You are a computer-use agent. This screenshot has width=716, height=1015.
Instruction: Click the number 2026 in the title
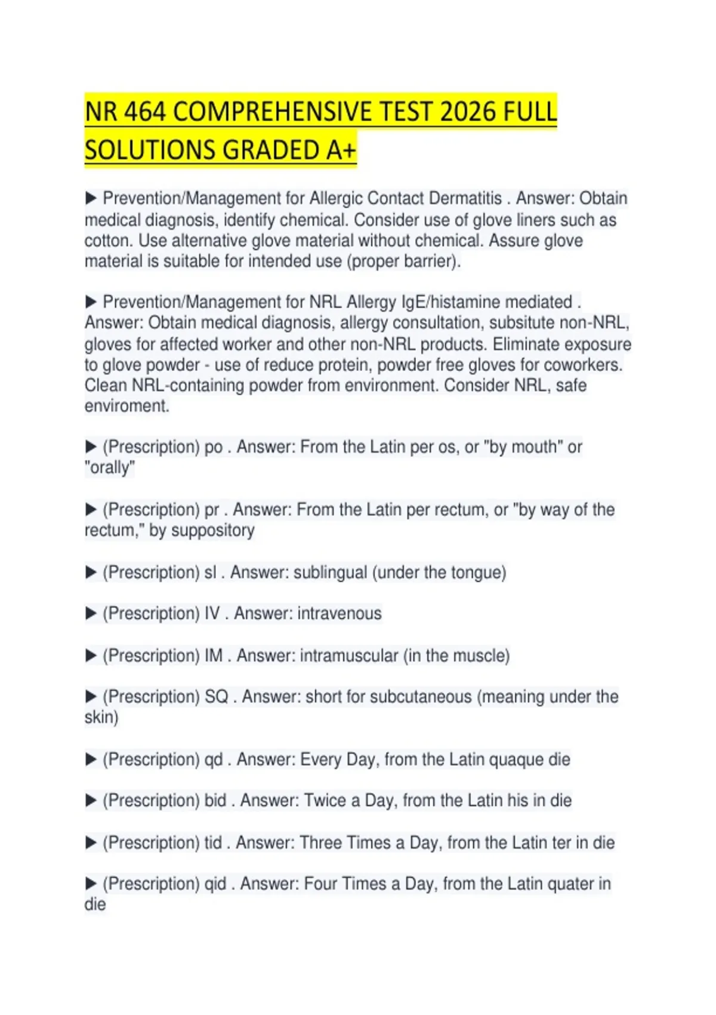(x=468, y=112)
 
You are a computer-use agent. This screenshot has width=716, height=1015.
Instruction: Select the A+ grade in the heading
(x=341, y=150)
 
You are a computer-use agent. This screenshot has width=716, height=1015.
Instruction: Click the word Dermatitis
(x=465, y=198)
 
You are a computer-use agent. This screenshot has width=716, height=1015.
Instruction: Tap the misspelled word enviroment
(x=127, y=406)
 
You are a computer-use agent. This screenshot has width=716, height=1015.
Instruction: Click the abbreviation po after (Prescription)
(x=214, y=447)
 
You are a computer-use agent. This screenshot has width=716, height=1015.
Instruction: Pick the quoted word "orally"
(x=110, y=467)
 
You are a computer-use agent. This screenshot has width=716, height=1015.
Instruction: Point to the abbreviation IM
(x=214, y=656)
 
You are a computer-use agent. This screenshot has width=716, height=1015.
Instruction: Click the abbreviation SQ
(x=217, y=697)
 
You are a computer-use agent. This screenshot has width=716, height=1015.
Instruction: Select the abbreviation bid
(x=215, y=801)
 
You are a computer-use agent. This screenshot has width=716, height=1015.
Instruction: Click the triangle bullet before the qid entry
(x=91, y=884)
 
